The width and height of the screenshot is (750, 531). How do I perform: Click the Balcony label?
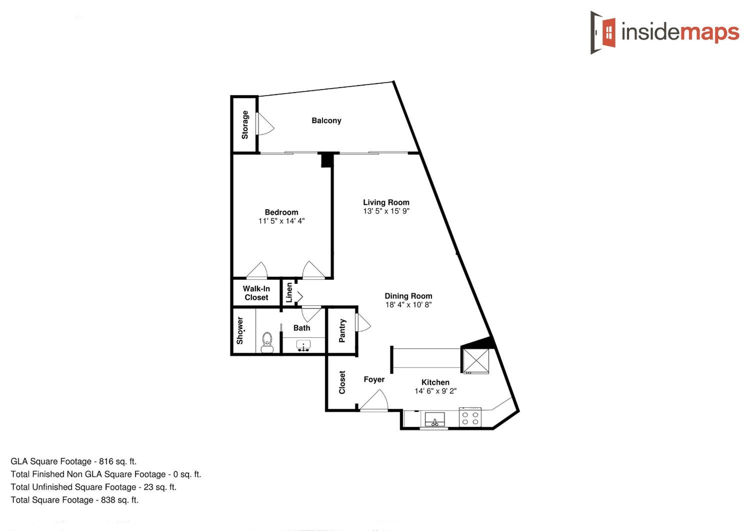(326, 121)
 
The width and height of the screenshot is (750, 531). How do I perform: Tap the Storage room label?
(245, 124)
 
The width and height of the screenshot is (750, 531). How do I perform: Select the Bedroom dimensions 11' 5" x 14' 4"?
(282, 221)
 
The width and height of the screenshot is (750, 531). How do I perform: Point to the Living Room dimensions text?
(386, 211)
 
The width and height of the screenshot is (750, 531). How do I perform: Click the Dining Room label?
(408, 296)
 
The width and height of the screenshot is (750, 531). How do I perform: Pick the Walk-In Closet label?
(256, 293)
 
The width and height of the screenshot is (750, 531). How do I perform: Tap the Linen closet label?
(289, 292)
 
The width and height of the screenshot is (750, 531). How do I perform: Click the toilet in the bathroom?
(267, 342)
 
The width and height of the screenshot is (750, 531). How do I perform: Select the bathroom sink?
(303, 345)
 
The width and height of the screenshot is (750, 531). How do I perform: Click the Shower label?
(240, 330)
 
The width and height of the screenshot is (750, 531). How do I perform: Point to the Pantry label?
(342, 331)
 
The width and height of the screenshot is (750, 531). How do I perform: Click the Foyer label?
(374, 379)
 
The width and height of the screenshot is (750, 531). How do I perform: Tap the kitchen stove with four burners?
(470, 417)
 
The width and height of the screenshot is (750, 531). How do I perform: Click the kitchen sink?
(434, 420)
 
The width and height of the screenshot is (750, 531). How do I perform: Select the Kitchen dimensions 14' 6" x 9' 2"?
(435, 391)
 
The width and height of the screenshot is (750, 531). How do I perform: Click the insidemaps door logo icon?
(603, 32)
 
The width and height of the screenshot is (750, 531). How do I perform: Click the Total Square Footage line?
(74, 500)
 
